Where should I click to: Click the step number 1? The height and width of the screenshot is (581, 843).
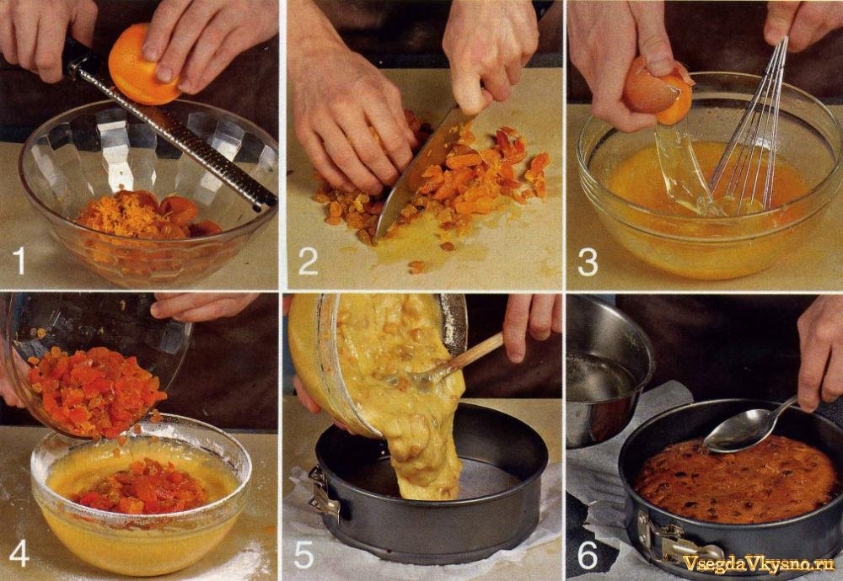point(20,260)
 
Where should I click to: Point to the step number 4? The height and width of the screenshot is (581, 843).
point(19,553)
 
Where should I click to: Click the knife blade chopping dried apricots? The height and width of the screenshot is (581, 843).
point(416,172)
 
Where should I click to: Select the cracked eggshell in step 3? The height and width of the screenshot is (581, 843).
point(657,93)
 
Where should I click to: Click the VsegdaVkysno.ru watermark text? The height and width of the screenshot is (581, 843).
point(758,562)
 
